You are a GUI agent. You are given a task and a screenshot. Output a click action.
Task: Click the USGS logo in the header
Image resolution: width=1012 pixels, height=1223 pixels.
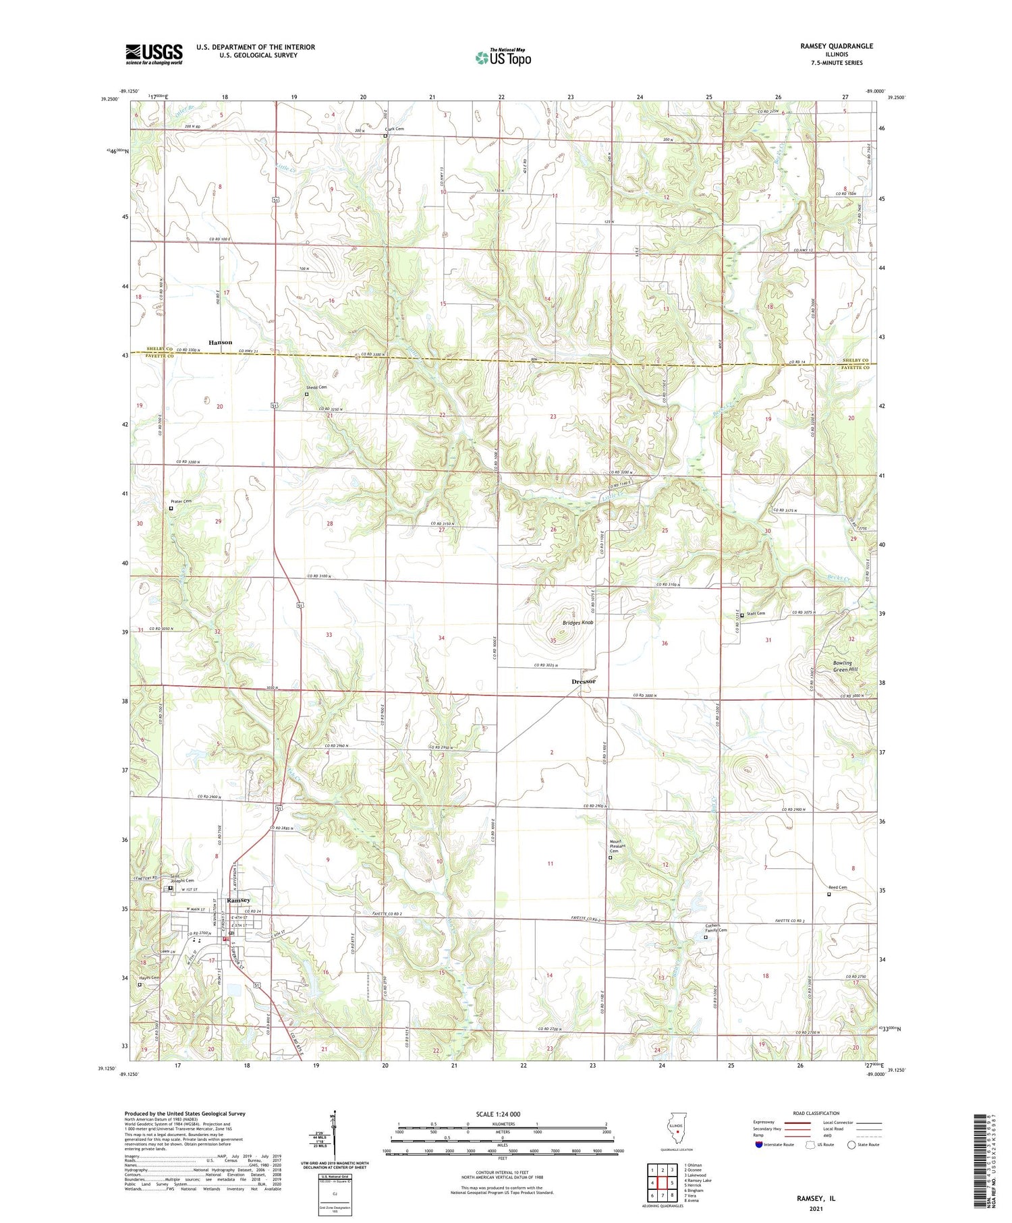click(154, 54)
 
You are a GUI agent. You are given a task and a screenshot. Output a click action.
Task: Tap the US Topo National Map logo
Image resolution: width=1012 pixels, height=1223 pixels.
click(503, 57)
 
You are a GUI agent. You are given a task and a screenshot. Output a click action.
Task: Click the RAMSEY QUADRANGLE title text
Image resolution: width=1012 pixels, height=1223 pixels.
click(837, 46)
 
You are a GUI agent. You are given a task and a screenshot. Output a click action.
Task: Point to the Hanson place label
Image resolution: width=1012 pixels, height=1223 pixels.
click(220, 342)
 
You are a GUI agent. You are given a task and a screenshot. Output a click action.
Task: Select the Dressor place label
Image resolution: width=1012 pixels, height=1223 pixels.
click(584, 681)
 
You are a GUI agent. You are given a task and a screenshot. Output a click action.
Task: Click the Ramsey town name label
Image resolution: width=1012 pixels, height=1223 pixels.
click(238, 901)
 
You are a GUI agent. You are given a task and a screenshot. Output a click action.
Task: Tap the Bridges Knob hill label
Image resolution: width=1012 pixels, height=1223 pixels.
click(578, 623)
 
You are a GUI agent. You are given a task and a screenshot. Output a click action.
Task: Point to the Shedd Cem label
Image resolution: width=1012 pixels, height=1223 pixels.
click(316, 387)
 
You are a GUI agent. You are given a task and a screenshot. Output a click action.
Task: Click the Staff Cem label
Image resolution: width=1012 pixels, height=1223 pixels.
click(756, 613)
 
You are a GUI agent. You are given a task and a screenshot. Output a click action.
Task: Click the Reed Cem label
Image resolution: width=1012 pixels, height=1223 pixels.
click(837, 887)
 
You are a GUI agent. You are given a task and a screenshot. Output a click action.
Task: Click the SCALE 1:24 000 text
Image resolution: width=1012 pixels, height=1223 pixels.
click(498, 1114)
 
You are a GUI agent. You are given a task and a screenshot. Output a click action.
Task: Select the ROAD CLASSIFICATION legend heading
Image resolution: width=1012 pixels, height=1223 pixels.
click(816, 1113)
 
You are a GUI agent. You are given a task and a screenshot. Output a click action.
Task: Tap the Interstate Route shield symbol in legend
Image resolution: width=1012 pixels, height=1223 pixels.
click(758, 1145)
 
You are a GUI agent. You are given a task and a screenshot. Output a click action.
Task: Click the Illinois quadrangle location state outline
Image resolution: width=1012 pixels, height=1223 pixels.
click(677, 1132)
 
